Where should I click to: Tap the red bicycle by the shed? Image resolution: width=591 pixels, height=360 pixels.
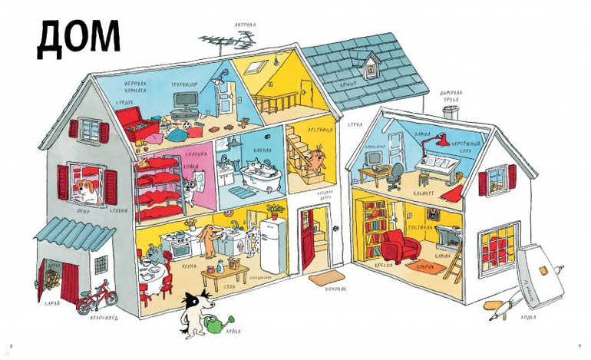[x=97, y=297]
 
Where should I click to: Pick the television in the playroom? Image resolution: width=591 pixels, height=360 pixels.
[x=187, y=101]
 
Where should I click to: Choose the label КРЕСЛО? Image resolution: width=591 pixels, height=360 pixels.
[x=384, y=265]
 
